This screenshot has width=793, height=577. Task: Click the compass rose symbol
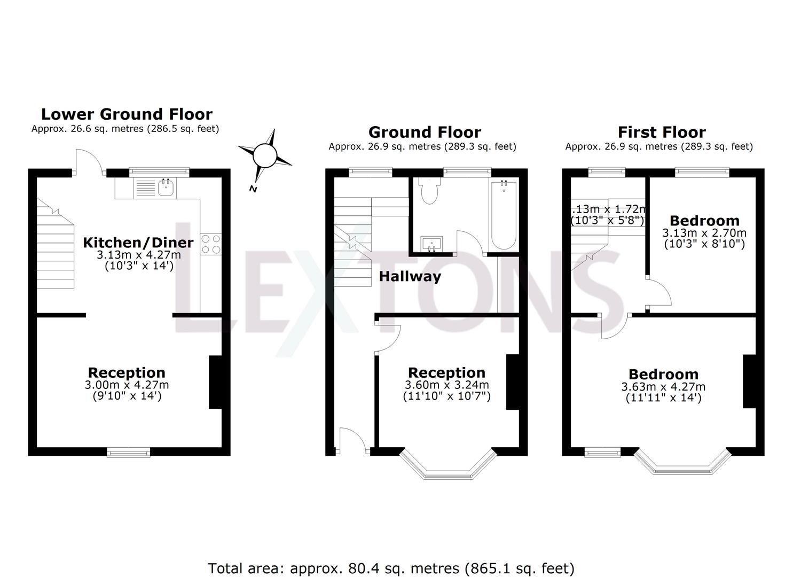click(x=264, y=155)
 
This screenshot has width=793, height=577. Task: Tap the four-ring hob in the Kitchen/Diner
click(x=210, y=244)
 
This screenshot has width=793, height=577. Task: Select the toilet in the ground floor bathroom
click(x=429, y=192)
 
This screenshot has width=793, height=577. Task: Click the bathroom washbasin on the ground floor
click(x=431, y=244)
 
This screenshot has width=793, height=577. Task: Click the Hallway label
click(x=410, y=276)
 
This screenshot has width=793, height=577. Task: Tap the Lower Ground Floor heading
click(x=127, y=114)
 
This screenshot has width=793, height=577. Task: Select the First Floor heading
click(x=662, y=132)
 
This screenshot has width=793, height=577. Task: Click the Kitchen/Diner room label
click(x=138, y=243)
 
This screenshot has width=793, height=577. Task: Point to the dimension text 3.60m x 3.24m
click(x=446, y=385)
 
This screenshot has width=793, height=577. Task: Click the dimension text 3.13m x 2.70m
click(x=704, y=233)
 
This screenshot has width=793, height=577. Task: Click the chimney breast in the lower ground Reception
click(x=215, y=383)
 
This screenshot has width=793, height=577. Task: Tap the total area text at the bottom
click(x=391, y=568)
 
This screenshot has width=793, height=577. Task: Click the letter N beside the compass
click(x=253, y=189)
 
